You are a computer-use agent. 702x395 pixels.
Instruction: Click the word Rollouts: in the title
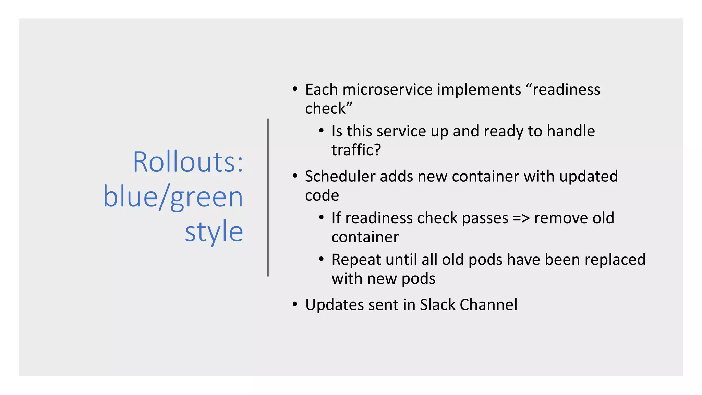[x=188, y=162]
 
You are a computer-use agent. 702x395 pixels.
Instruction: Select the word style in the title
[x=214, y=232]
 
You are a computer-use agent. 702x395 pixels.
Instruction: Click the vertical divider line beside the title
[x=268, y=197]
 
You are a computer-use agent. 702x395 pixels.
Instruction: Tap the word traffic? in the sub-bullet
[x=356, y=150]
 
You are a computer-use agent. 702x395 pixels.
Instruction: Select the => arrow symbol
[x=521, y=218]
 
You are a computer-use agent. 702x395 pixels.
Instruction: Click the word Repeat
[x=356, y=260]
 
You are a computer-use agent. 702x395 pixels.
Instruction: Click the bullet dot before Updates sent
[x=295, y=304]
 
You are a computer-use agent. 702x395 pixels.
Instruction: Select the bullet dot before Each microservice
[x=295, y=89]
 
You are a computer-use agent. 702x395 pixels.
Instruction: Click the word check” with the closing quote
[x=328, y=109]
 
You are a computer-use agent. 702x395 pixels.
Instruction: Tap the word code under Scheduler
[x=322, y=196]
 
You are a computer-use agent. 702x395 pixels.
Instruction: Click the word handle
[x=571, y=131]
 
